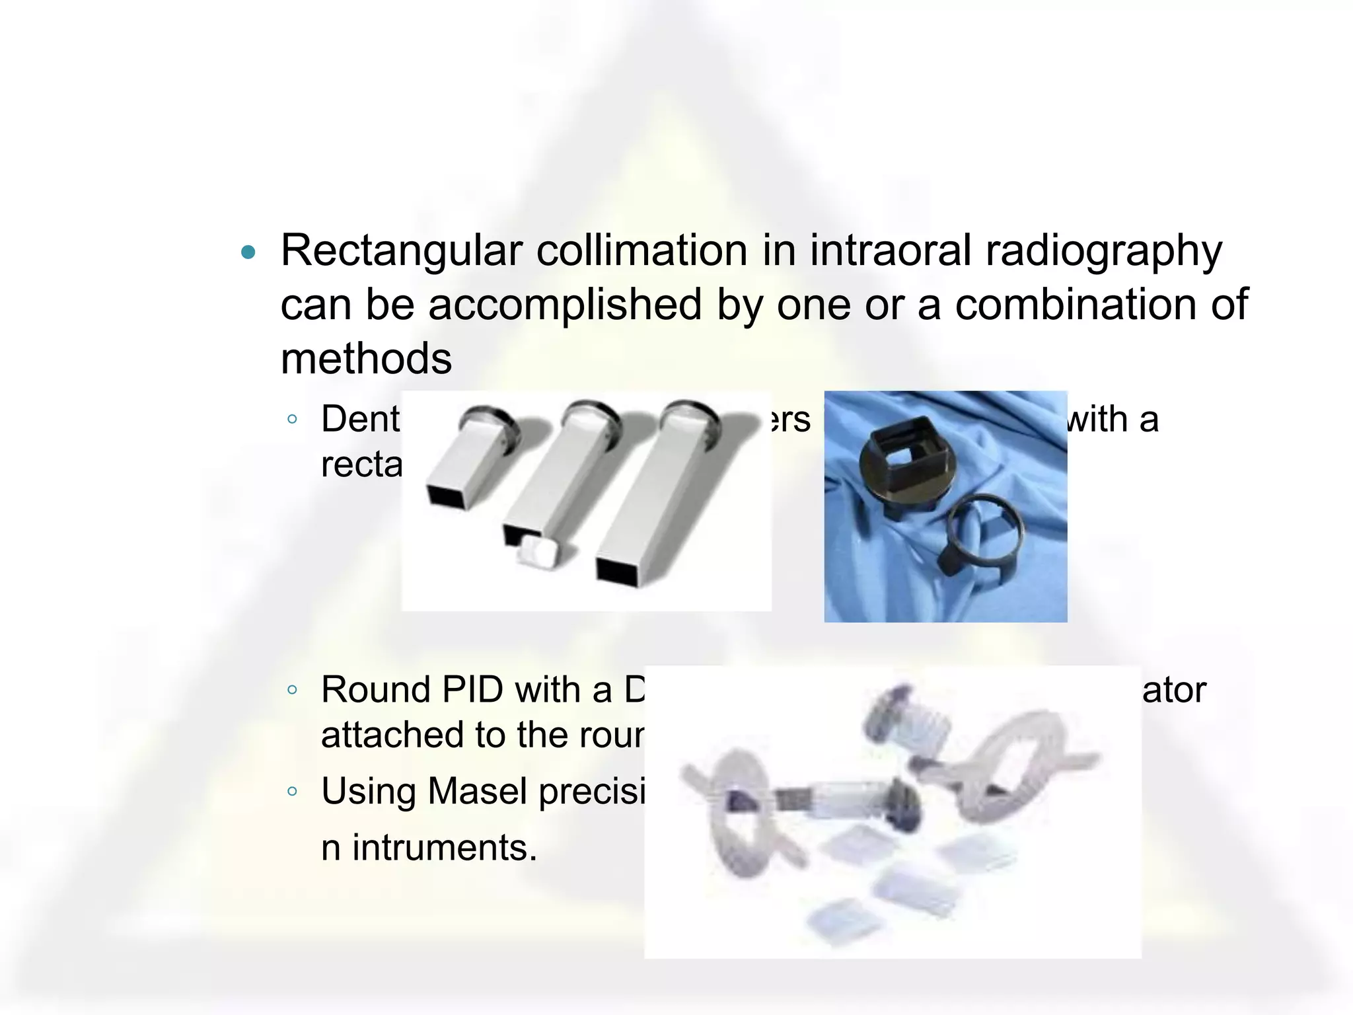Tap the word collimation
point(641,251)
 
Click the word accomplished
point(565,305)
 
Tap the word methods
point(366,359)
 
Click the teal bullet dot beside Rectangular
point(248,252)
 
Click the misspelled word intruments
point(444,848)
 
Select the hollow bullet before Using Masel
point(292,791)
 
